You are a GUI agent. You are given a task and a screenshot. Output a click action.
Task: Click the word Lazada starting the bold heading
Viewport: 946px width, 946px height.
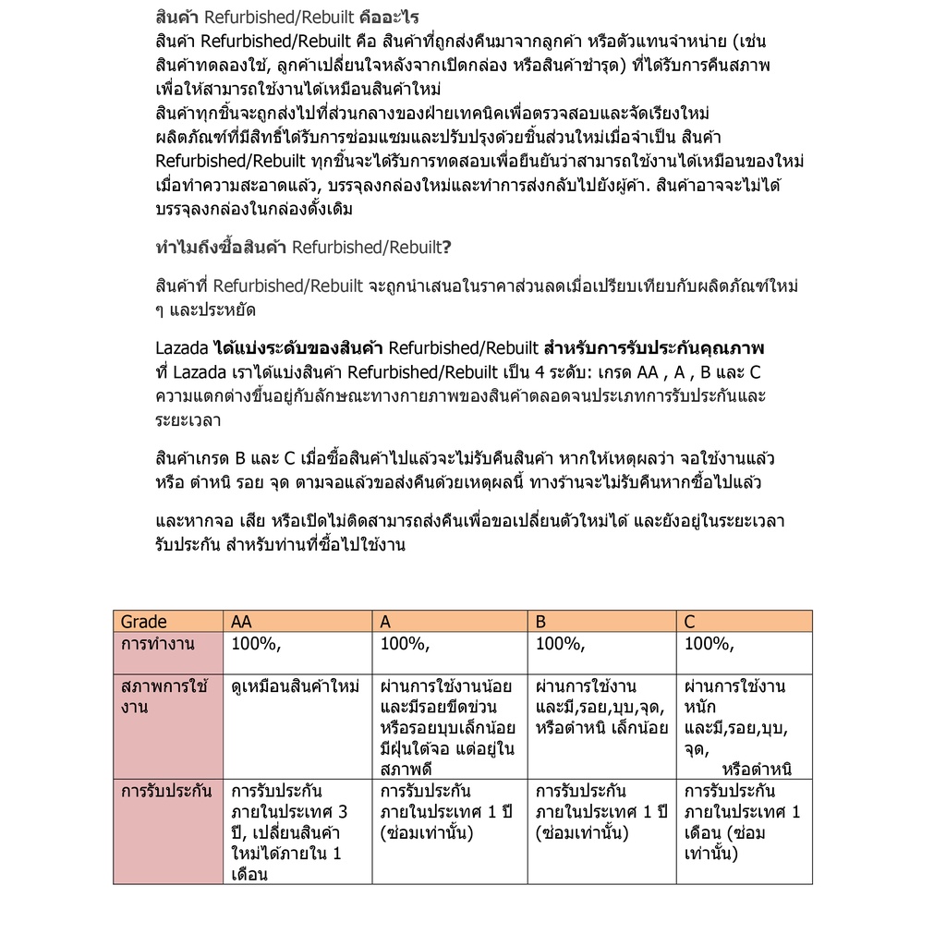(182, 348)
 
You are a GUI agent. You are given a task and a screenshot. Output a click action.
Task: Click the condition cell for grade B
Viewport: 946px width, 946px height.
(601, 707)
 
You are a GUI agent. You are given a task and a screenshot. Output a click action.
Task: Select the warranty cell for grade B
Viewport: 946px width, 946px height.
(601, 812)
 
